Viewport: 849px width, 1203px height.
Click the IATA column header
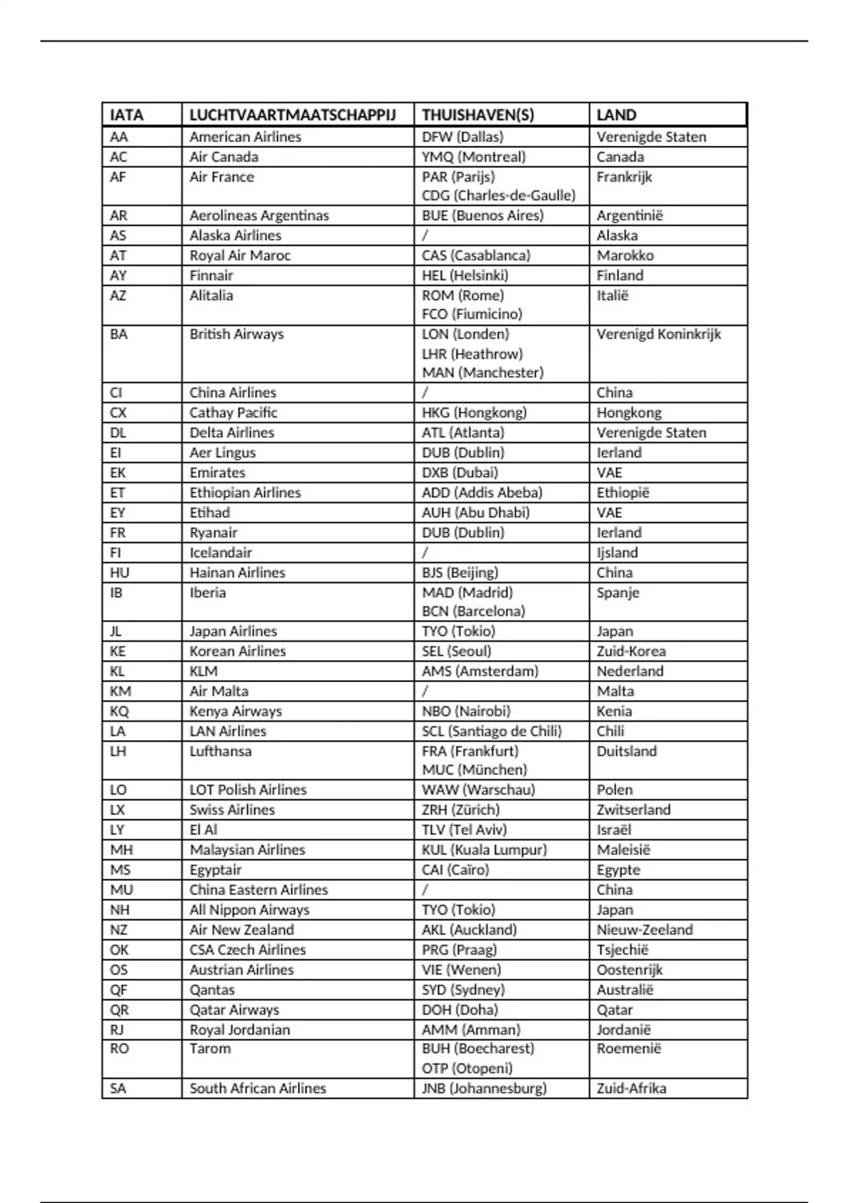(127, 115)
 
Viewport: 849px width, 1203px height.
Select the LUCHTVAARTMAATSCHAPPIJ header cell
(292, 115)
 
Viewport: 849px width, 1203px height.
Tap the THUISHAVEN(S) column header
(478, 115)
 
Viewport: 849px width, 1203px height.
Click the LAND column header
(616, 115)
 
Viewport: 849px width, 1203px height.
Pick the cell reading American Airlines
(245, 137)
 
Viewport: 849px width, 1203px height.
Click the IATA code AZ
(118, 296)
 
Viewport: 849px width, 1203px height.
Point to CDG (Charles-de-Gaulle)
(498, 195)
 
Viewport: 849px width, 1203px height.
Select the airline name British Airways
(236, 334)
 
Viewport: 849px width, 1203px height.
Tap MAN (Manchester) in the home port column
(483, 372)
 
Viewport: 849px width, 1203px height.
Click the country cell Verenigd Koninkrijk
(658, 334)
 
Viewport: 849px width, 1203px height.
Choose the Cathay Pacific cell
(233, 413)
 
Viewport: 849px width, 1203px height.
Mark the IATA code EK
(118, 473)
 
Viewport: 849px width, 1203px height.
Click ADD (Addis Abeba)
(482, 493)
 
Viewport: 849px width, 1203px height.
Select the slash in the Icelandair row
(425, 553)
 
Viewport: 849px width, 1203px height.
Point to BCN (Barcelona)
(473, 611)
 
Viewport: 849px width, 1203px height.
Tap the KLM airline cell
(203, 671)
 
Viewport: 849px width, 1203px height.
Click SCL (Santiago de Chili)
(492, 731)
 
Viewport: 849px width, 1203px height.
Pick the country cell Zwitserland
(633, 810)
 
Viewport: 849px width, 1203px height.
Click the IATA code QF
(119, 989)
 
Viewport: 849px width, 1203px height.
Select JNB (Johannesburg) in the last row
(484, 1088)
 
